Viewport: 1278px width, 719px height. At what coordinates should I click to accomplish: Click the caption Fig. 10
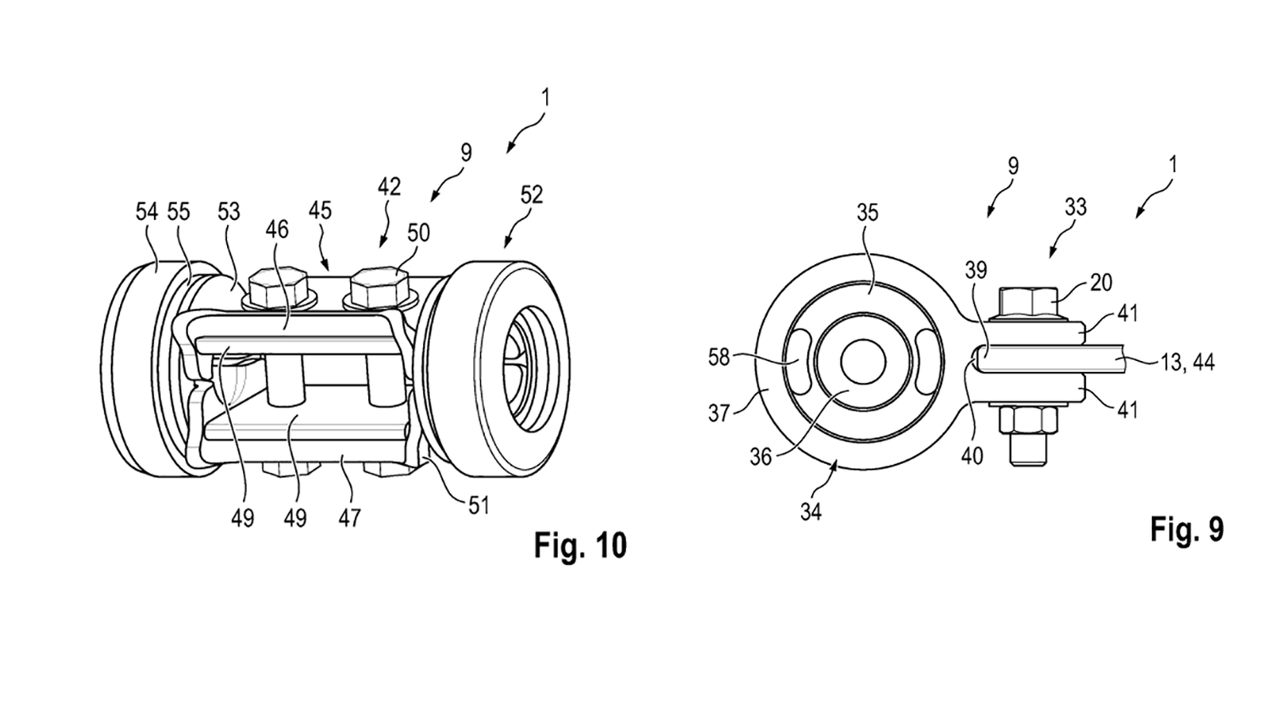pyautogui.click(x=580, y=545)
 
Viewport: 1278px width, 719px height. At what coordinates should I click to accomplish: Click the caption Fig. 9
pyautogui.click(x=1187, y=529)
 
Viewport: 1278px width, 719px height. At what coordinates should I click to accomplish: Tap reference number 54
pyautogui.click(x=146, y=212)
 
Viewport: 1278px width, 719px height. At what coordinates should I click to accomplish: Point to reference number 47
pyautogui.click(x=349, y=517)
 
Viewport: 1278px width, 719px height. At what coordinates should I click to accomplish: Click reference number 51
pyautogui.click(x=479, y=505)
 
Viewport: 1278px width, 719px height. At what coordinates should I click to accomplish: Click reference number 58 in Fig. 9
pyautogui.click(x=720, y=357)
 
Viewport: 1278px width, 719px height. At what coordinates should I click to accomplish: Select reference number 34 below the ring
pyautogui.click(x=810, y=511)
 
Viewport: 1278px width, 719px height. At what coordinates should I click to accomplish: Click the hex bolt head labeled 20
pyautogui.click(x=1029, y=302)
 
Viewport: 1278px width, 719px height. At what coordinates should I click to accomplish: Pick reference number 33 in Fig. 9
pyautogui.click(x=1075, y=207)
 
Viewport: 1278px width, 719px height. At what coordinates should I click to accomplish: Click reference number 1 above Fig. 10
pyautogui.click(x=545, y=98)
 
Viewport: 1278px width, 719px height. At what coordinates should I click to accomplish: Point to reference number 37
pyautogui.click(x=719, y=413)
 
